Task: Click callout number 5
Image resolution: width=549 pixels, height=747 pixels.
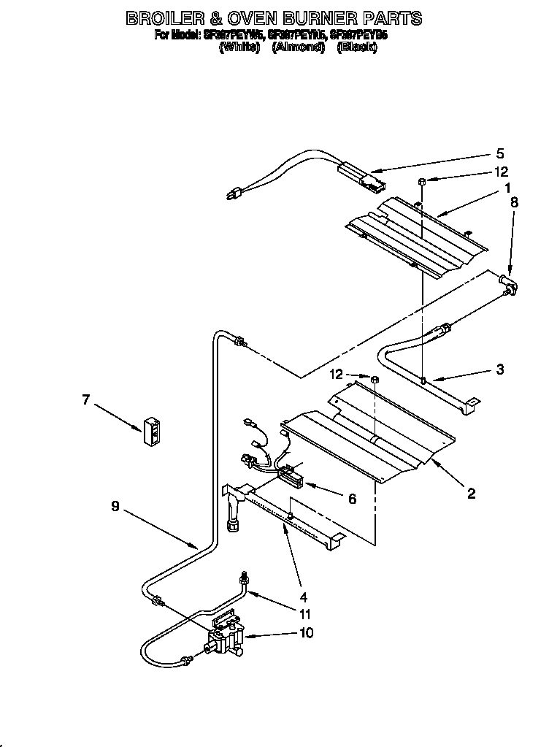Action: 500,154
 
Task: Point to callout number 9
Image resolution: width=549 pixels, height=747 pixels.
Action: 115,505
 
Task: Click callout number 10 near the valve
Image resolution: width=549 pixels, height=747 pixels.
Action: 306,632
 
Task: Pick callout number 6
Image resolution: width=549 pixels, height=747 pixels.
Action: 352,498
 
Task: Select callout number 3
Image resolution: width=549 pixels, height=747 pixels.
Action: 499,369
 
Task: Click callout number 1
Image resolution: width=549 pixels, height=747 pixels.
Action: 505,188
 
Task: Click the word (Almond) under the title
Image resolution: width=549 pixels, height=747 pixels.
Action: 299,47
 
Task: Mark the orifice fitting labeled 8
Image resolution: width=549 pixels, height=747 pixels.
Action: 508,284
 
